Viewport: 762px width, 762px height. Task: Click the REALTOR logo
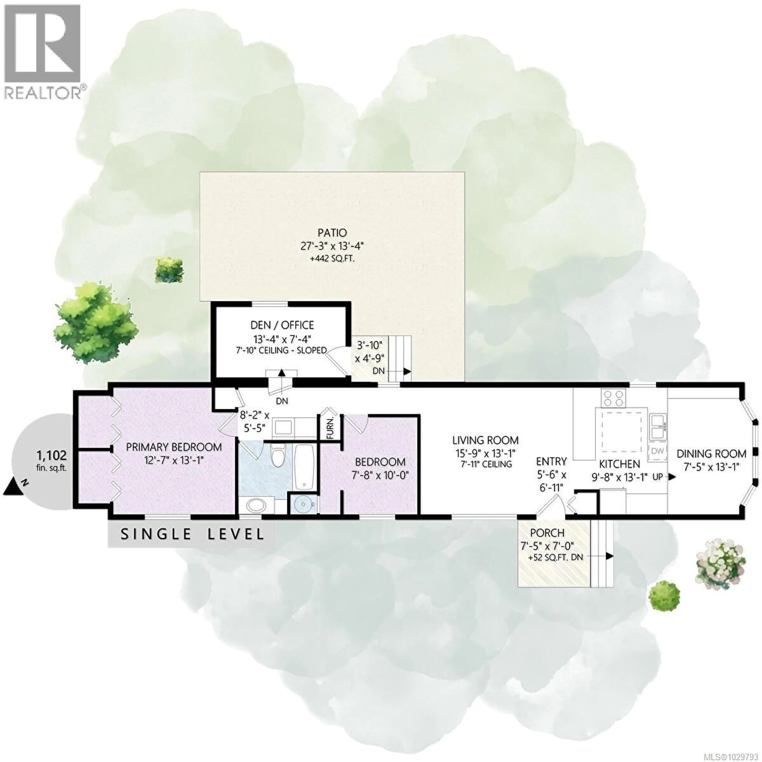pyautogui.click(x=43, y=51)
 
